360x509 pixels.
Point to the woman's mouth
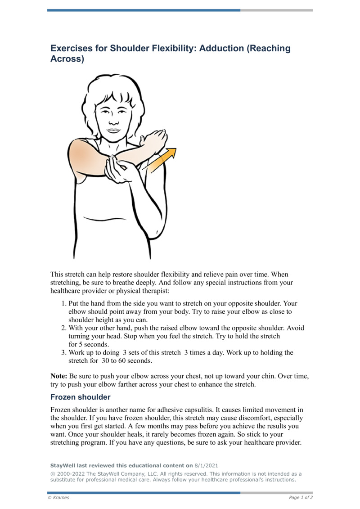pos(113,130)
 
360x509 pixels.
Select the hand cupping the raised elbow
pos(118,169)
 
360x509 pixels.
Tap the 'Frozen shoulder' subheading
pos(80,397)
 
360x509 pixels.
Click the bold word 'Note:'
pos(59,375)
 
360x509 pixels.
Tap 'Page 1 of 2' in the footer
pos(301,497)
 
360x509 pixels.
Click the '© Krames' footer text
pos(58,497)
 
